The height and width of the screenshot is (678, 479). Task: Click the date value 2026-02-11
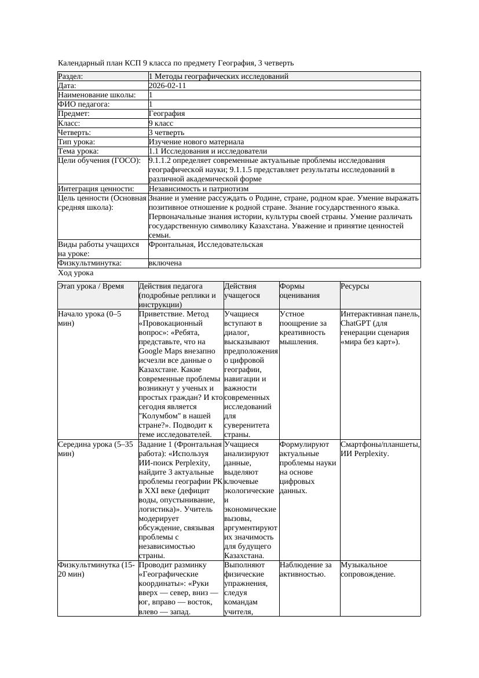coord(167,86)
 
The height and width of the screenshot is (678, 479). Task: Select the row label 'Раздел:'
coord(71,76)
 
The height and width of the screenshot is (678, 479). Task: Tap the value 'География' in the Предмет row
coord(167,114)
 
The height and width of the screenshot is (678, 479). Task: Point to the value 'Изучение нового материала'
coord(196,141)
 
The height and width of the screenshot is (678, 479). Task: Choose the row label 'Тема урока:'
coord(78,151)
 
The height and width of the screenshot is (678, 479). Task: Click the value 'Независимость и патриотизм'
coord(199,188)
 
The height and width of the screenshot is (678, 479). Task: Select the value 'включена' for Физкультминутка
coord(165,263)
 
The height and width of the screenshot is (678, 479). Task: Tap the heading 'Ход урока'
coord(76,272)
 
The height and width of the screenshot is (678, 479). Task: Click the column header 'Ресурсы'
coord(354,286)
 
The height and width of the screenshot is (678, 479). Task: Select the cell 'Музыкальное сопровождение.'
coord(368,570)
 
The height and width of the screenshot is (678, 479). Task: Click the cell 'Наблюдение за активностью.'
coord(305,570)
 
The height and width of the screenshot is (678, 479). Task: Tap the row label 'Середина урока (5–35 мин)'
coord(92,449)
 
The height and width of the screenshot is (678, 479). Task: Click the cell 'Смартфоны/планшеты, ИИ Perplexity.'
coord(380,449)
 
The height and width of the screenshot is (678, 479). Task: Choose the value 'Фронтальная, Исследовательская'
coord(206,245)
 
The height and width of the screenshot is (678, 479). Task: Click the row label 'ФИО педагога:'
coord(84,104)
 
